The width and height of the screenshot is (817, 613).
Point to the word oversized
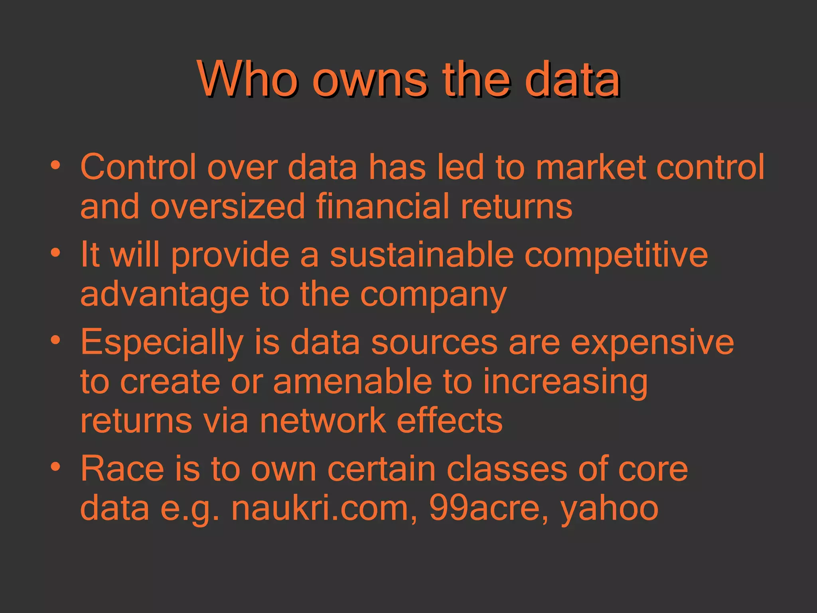[x=227, y=207]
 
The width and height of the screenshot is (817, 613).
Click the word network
[x=323, y=421]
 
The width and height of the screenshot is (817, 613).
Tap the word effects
[x=450, y=421]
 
